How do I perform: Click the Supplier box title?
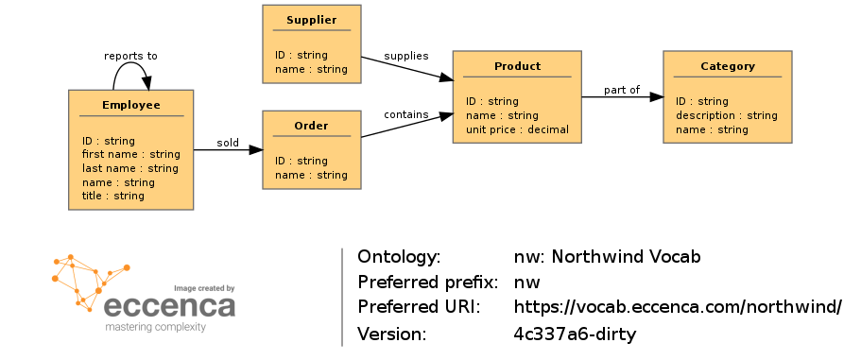[311, 20]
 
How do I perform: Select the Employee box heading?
[130, 105]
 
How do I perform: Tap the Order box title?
[311, 126]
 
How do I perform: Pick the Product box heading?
[517, 66]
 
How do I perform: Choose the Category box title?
[727, 66]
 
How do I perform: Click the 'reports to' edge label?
[130, 56]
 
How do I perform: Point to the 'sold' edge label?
[228, 144]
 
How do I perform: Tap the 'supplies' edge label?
[406, 56]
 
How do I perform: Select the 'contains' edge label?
[405, 114]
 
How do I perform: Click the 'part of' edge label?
[622, 90]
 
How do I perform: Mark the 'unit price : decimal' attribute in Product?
[517, 129]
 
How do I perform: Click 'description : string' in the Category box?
[726, 115]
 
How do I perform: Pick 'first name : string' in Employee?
[130, 154]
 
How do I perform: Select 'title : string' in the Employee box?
[112, 196]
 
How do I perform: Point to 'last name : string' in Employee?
[129, 168]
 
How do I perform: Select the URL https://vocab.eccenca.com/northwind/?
[677, 307]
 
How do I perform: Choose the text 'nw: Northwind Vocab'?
[607, 257]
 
